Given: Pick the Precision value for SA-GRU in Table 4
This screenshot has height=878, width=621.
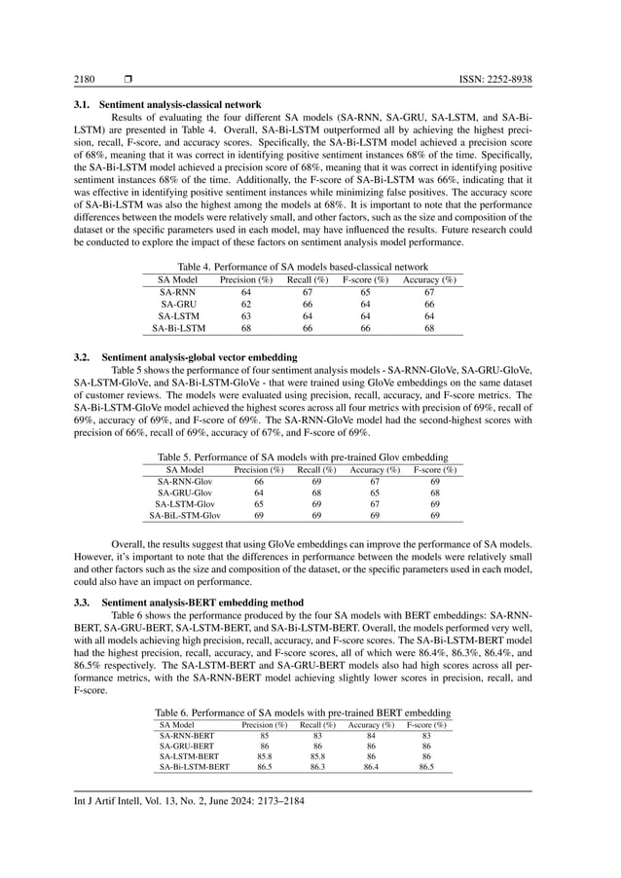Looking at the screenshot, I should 246,304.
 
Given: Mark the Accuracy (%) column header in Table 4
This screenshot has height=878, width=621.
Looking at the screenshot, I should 429,279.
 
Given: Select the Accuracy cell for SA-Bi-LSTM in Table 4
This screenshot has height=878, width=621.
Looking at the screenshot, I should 429,327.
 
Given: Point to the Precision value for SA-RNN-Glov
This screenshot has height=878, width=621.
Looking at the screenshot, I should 259,481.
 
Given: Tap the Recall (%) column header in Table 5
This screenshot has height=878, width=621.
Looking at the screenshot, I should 316,469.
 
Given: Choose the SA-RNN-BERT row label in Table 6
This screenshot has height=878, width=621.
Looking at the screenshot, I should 186,737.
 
